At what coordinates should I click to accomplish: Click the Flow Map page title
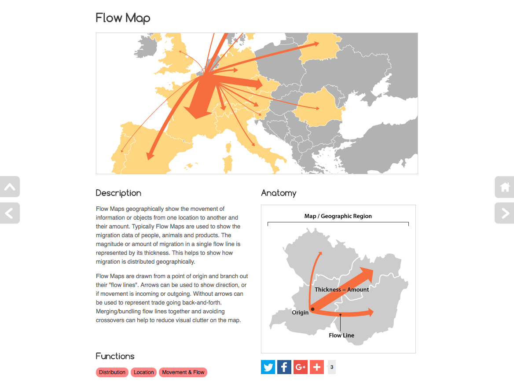point(123,18)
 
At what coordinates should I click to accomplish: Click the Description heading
point(118,193)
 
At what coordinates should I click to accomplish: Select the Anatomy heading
point(279,193)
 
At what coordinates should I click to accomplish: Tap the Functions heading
point(115,356)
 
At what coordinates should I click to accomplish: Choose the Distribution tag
point(112,372)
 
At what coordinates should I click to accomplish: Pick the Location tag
point(144,372)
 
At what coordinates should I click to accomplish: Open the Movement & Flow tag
point(183,372)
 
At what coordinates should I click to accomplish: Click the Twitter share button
point(268,367)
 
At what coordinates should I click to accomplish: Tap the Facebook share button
point(284,367)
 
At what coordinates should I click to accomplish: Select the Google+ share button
point(301,367)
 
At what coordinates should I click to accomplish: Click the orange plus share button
point(317,367)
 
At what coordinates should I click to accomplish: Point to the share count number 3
point(332,367)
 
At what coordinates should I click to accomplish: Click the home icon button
point(505,187)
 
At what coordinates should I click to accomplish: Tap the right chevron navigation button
point(505,213)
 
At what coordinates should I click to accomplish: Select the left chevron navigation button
point(9,213)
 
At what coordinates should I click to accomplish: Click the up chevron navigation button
point(9,187)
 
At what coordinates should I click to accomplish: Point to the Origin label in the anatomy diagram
point(300,312)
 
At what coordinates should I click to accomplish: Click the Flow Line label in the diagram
point(341,335)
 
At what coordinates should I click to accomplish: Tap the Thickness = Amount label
point(342,290)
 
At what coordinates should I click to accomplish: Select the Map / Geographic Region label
point(338,216)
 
